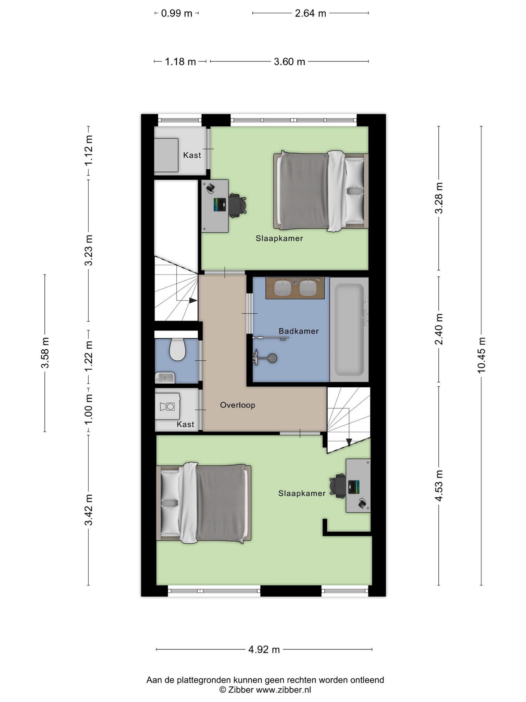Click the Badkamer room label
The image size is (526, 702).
tap(299, 331)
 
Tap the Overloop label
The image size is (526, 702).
tap(238, 405)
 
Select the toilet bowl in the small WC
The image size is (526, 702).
tap(177, 350)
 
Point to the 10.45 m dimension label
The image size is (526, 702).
tap(481, 355)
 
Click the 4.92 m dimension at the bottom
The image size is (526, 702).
tap(264, 649)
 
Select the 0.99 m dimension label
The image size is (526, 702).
tap(176, 13)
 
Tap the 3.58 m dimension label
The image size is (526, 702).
tap(45, 353)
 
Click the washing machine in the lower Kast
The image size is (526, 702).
tap(167, 406)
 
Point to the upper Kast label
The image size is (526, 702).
tap(192, 155)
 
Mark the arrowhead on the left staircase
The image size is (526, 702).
tap(193, 300)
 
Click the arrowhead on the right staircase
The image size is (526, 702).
tap(349, 442)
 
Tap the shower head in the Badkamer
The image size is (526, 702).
tap(272, 358)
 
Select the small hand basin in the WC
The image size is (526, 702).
tap(165, 378)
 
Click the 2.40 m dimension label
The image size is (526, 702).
tap(439, 329)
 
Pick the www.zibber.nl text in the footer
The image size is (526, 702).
tap(284, 690)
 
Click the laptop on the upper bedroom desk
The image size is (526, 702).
tap(220, 205)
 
